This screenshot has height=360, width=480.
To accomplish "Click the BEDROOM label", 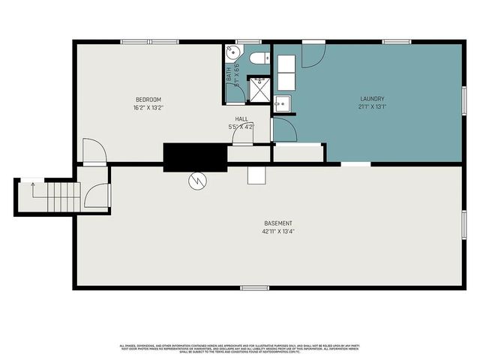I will coord(148,100).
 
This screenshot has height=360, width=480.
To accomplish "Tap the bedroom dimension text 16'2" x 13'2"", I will coord(148,107).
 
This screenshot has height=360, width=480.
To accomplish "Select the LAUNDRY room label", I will coord(372,99).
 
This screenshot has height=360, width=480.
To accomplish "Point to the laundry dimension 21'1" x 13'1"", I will coord(372,106).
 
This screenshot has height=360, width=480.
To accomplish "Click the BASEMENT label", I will coord(277,223).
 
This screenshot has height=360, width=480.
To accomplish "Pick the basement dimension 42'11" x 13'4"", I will coord(277,231).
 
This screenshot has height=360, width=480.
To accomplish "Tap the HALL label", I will coord(241,118).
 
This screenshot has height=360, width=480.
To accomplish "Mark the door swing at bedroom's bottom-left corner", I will coord(93,151).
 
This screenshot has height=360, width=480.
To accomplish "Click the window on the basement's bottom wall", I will coord(254,287).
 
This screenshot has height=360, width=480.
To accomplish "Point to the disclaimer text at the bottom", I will coord(240,347).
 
